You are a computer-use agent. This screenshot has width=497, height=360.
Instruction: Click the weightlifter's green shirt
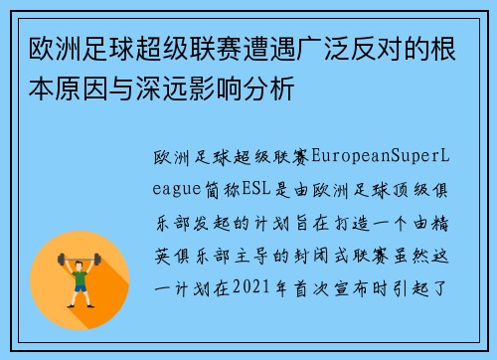(81, 282)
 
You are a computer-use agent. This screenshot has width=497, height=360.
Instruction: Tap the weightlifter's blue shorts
(81, 297)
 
